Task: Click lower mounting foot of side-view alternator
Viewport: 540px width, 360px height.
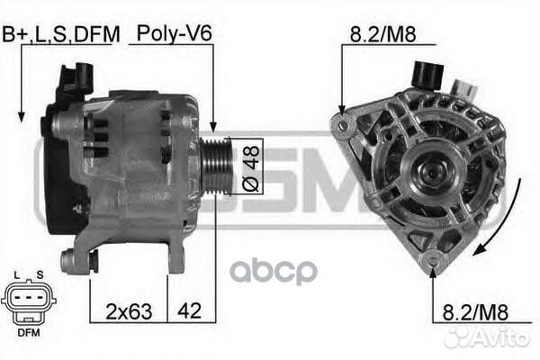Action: (x=71, y=262)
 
